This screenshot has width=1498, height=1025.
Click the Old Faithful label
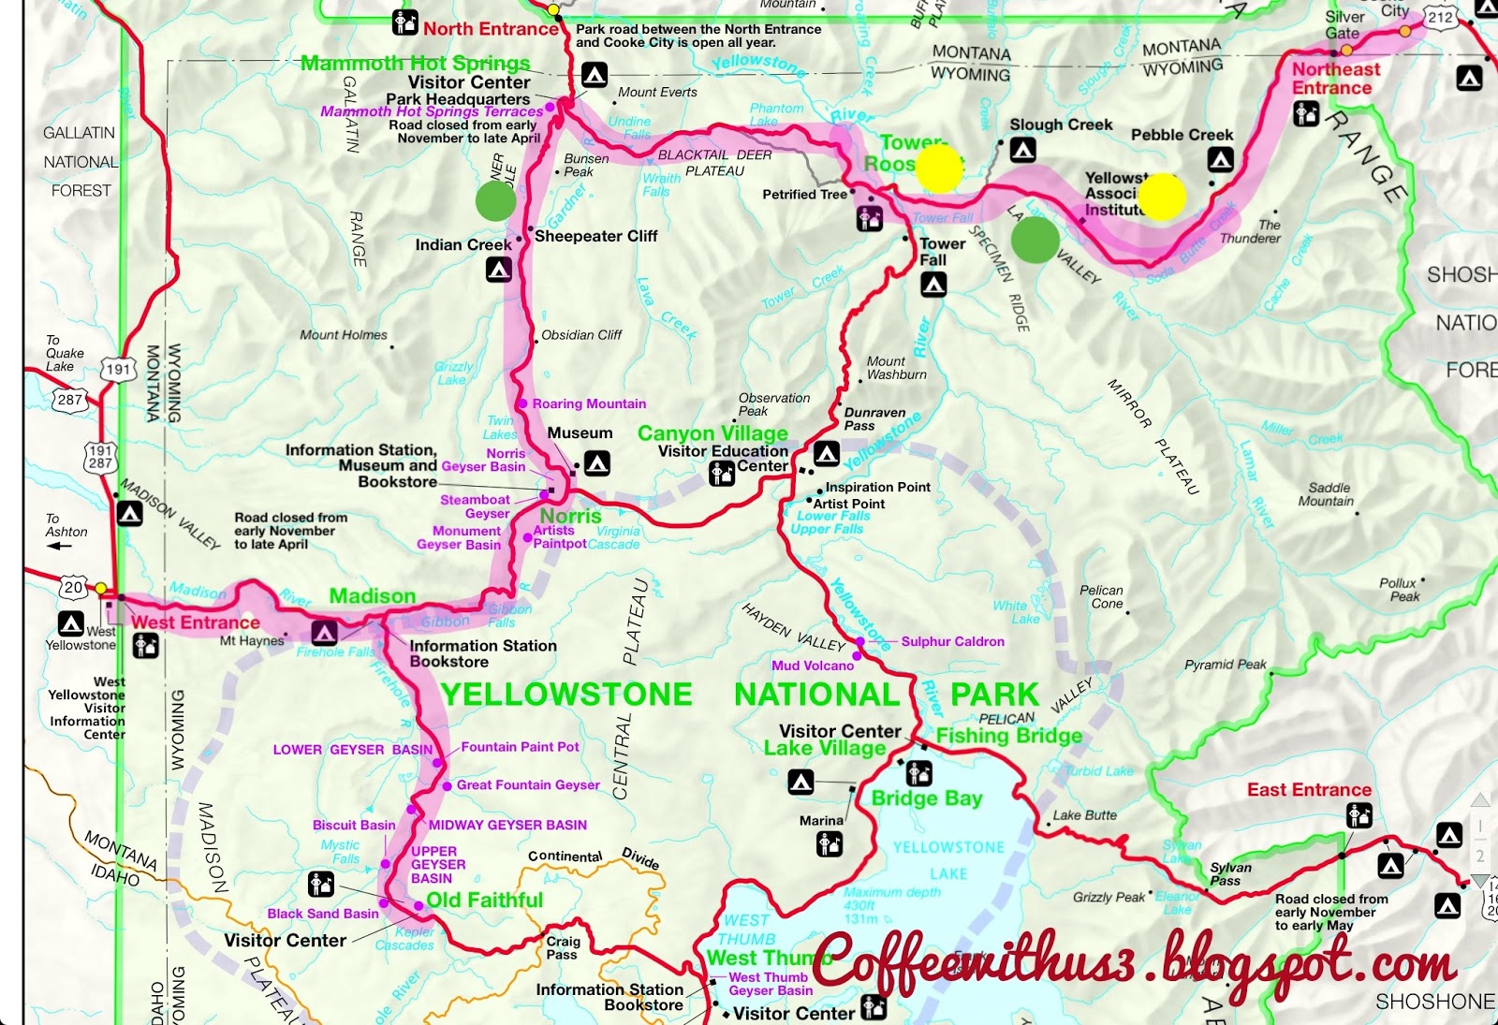coord(484,901)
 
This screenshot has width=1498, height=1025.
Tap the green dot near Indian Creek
coord(495,200)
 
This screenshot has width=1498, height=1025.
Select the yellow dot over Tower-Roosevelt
coord(938,168)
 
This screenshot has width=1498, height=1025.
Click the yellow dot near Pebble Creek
coord(1162,197)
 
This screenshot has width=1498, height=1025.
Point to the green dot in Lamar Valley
coord(1035,238)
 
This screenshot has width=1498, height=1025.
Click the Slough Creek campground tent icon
coord(1022,150)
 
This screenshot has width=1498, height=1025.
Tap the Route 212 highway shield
coord(1440,17)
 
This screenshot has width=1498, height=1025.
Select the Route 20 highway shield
coord(74,588)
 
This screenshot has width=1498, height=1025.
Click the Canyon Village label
coord(712,433)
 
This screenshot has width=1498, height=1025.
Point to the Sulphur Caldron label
coord(952,641)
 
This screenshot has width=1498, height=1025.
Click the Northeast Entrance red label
coord(1335,79)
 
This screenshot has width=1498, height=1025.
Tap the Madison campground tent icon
coord(324,634)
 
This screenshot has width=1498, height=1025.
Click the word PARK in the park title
coord(994,695)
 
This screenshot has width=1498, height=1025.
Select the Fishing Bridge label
coord(1008,736)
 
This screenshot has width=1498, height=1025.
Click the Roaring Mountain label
coord(589,403)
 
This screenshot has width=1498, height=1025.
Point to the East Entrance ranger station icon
coord(1358,816)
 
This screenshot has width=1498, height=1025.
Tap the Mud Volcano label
coord(812,666)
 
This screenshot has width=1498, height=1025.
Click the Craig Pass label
coord(563,947)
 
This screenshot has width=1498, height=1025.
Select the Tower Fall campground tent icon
coord(933,285)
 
